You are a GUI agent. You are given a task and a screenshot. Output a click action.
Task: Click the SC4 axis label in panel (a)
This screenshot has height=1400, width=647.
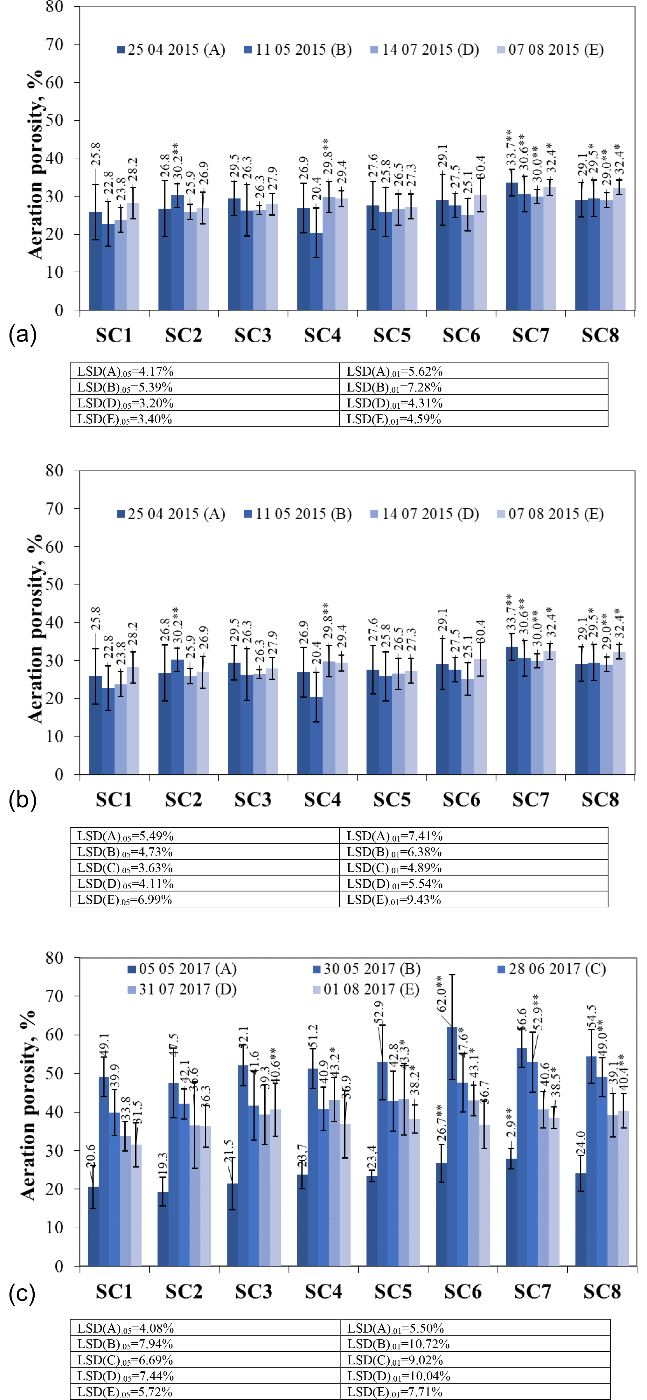(323, 335)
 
